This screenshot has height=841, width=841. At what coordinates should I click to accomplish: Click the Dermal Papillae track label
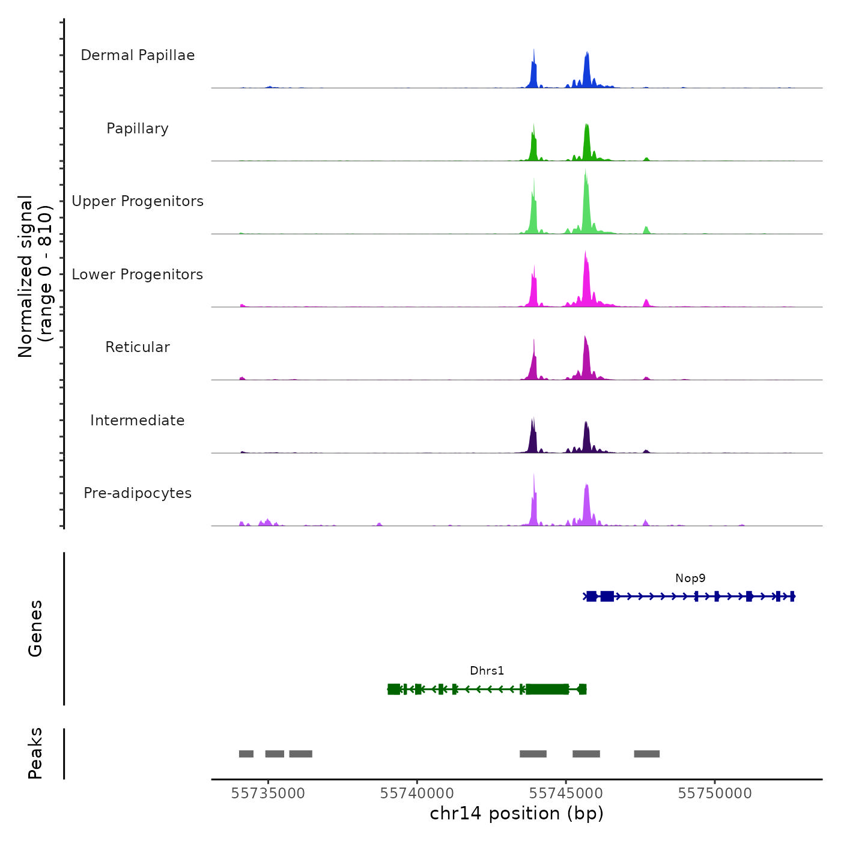(x=138, y=55)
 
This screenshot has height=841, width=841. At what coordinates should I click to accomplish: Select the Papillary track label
(x=138, y=129)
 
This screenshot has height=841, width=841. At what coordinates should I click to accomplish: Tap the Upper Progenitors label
(x=138, y=201)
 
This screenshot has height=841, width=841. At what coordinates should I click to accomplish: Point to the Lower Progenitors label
(x=138, y=275)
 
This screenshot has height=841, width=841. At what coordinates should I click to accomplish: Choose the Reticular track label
(x=138, y=347)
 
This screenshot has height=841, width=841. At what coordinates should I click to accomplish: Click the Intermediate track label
(x=138, y=421)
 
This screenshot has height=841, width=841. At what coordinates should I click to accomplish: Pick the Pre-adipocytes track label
(x=138, y=493)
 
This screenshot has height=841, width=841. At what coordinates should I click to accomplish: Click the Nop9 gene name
(x=690, y=578)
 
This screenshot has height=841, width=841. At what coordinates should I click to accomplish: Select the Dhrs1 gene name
(x=487, y=671)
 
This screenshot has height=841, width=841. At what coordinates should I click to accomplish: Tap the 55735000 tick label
(x=268, y=794)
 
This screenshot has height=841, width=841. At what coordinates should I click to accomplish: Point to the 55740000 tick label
(x=417, y=794)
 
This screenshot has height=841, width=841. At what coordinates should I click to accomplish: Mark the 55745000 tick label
(x=566, y=794)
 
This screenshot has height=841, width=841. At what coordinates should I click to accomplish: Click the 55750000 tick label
(x=715, y=794)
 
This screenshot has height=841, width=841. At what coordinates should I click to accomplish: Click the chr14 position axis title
(x=517, y=813)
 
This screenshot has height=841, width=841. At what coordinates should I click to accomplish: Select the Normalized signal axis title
(x=35, y=276)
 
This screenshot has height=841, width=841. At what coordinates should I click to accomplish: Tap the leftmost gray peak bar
(x=246, y=754)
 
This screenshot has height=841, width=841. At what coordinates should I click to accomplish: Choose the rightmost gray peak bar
(x=646, y=754)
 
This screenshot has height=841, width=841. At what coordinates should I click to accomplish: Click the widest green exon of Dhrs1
(x=547, y=689)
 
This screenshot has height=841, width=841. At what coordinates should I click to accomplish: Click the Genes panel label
(x=35, y=628)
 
